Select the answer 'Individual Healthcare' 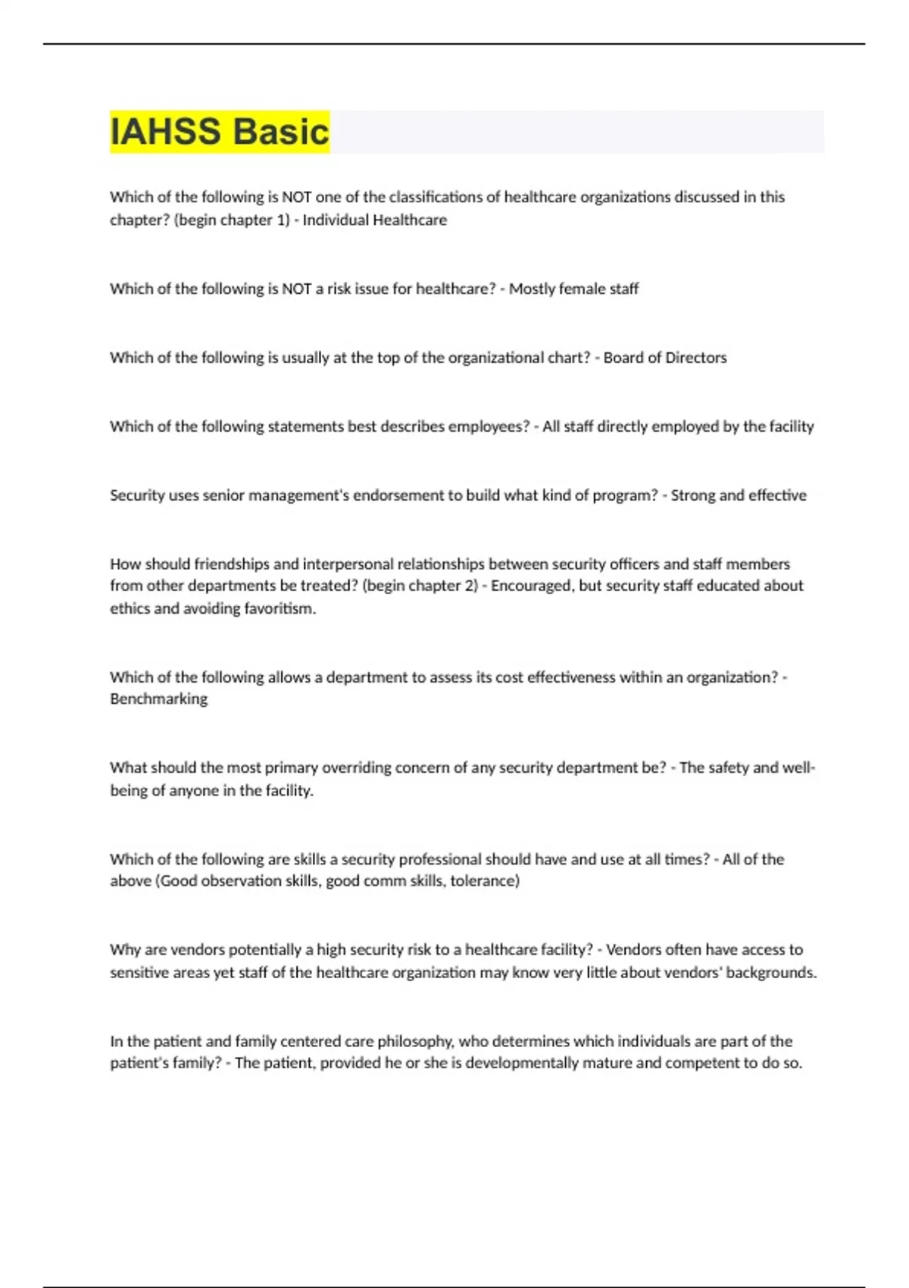point(375,220)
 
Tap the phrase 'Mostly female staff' point(573,289)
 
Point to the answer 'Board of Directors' point(665,358)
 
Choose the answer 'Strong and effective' point(739,496)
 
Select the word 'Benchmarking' point(158,699)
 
